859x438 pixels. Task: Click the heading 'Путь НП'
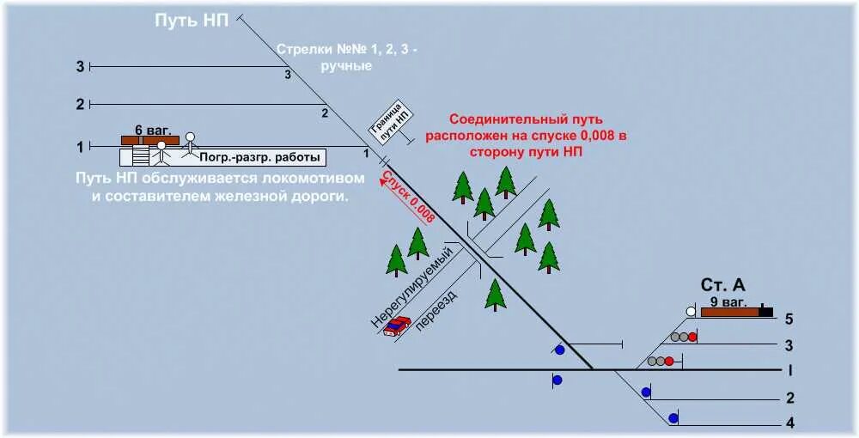pos(192,21)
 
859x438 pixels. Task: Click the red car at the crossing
pos(396,325)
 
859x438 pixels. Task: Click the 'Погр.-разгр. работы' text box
pos(260,157)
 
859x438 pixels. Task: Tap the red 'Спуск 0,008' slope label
pos(408,198)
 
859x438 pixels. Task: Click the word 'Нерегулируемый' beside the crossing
pos(411,287)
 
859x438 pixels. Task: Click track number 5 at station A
pos(789,319)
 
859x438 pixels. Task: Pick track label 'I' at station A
pos(789,370)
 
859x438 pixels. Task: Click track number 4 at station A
pos(789,423)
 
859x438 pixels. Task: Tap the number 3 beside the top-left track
pos(81,66)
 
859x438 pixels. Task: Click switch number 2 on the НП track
pos(325,113)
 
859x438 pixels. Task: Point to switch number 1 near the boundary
pos(366,154)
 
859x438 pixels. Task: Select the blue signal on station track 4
pos(673,418)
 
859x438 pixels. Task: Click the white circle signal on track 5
pos(691,312)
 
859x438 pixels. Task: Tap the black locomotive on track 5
pos(765,312)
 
